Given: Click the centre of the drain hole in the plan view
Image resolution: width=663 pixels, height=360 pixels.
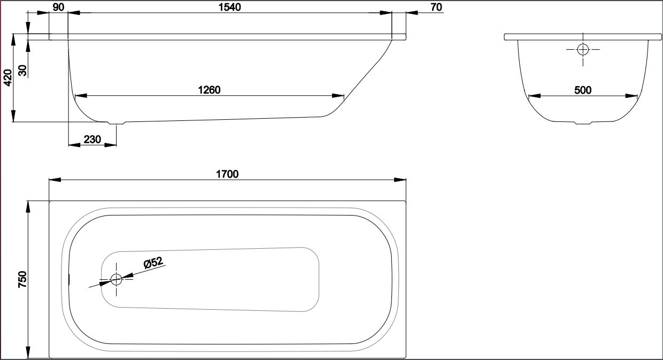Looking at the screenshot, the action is coord(116,279).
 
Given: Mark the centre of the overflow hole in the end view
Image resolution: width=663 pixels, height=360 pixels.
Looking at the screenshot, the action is coord(583,49).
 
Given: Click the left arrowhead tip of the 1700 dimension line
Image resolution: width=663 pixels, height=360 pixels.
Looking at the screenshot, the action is coord(49,180).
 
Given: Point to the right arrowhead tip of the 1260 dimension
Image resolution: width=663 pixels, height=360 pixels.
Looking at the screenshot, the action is coord(344,96).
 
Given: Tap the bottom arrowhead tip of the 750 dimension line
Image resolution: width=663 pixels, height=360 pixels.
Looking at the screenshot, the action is coord(28,358).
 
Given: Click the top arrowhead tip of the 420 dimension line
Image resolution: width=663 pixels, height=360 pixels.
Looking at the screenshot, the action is coord(13,34).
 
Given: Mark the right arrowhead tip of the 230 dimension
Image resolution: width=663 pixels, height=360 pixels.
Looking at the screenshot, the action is coord(117,145).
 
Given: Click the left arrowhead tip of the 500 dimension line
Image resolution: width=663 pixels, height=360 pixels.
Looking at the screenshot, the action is coord(529,96).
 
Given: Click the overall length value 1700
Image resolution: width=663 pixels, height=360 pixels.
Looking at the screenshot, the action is coord(227,174).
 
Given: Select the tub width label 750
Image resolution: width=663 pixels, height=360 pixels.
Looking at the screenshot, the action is coord(22,279).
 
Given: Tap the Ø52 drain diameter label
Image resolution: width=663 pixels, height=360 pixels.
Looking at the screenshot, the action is coord(153,262).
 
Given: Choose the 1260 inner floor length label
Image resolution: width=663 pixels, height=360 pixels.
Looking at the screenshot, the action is coord(209,90).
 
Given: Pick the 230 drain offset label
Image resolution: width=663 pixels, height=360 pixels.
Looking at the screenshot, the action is coord(92,139).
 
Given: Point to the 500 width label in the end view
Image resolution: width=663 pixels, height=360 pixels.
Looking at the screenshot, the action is coord(583,90).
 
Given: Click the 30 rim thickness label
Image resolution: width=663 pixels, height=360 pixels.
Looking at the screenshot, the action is coord(22,70).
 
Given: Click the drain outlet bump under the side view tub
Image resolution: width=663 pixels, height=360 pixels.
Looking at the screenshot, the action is coord(117,123).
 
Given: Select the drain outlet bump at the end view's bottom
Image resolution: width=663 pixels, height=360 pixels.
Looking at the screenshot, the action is coord(583,123).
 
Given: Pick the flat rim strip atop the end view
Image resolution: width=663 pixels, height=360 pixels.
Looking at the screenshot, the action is coord(583,37).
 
